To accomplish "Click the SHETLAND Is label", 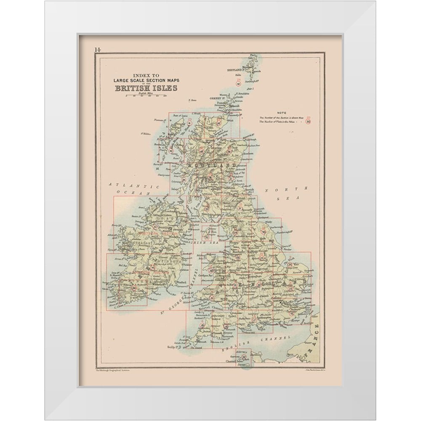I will point(236,69).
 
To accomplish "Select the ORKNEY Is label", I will point(216,99).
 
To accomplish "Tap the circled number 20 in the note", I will point(309,122).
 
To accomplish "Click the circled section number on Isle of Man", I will point(207,237).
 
